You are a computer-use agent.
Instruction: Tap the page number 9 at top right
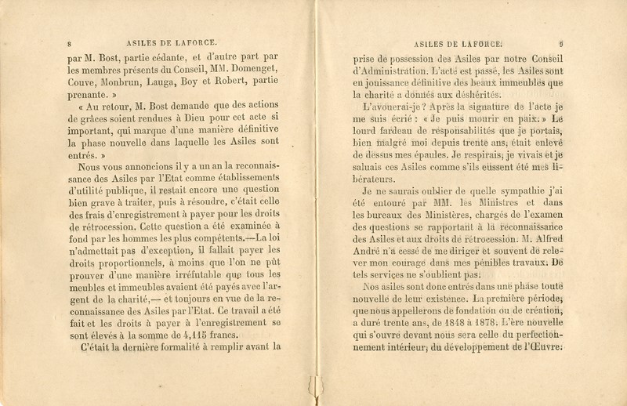pos(563,44)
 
